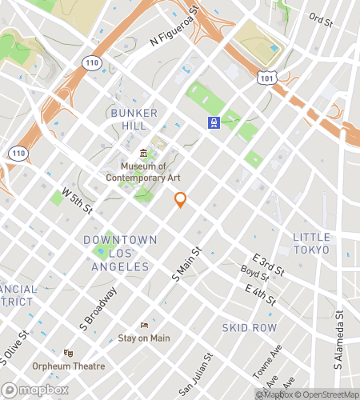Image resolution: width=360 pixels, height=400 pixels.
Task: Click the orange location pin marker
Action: click(x=181, y=200)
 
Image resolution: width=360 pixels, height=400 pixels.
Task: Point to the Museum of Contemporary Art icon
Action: click(x=143, y=154)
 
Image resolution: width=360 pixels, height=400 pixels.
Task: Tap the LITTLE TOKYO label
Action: click(x=310, y=243)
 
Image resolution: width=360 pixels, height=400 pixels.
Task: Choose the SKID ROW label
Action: click(x=250, y=328)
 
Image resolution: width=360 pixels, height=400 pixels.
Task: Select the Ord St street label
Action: click(x=320, y=18)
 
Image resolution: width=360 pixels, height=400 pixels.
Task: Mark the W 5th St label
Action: click(x=78, y=202)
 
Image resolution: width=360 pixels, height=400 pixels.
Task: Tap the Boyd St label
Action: click(x=254, y=278)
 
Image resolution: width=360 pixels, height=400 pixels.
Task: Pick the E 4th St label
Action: click(x=261, y=294)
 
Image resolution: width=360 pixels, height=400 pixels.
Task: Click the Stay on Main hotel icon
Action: click(x=144, y=325)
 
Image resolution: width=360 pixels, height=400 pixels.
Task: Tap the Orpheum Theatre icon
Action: click(x=69, y=353)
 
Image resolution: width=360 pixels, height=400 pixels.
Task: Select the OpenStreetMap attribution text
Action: click(x=327, y=394)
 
